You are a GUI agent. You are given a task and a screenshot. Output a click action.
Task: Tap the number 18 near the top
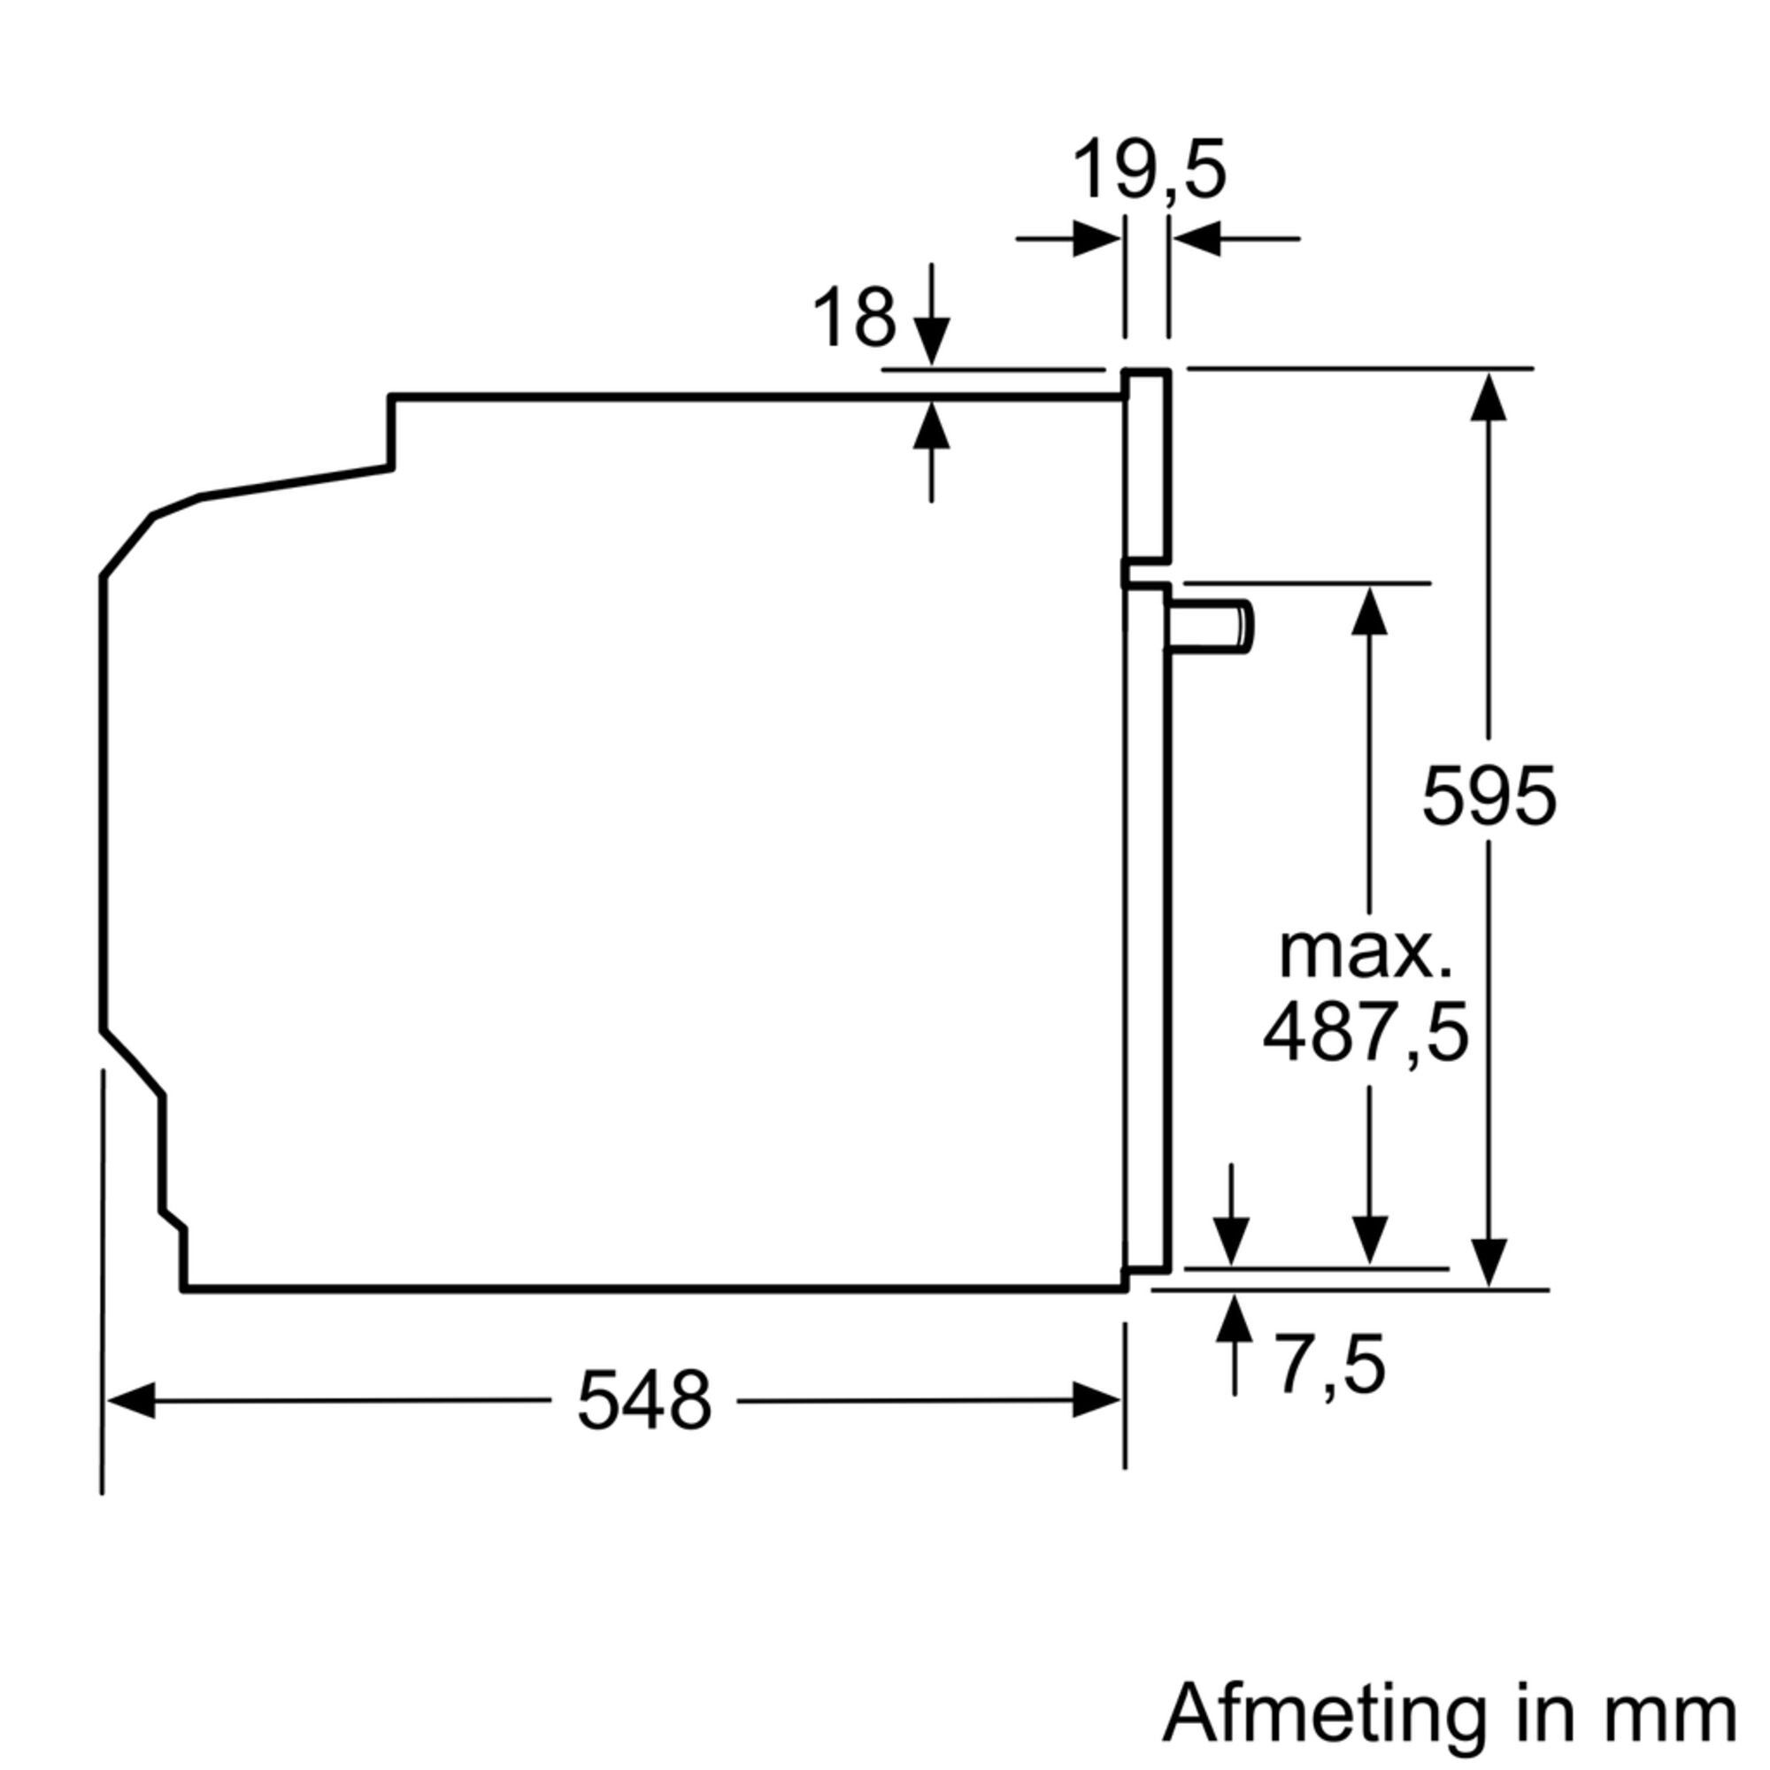(854, 318)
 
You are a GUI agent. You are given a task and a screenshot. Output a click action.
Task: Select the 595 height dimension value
(1489, 796)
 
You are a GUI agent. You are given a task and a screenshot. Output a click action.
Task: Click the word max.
(1365, 954)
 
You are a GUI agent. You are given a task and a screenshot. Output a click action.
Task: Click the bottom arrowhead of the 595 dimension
(1488, 1264)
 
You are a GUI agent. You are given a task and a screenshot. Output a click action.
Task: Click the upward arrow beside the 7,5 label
(1235, 1320)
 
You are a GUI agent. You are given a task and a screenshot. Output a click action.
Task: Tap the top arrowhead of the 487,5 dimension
(1370, 610)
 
